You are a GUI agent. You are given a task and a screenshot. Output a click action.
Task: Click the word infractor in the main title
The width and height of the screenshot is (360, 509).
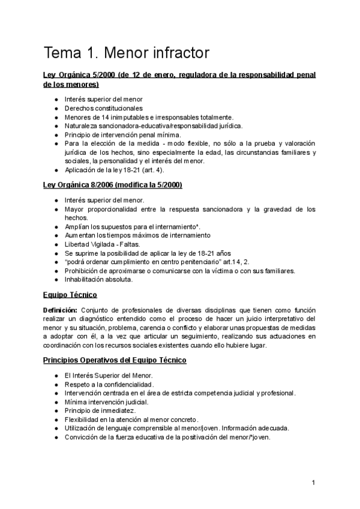click(x=179, y=53)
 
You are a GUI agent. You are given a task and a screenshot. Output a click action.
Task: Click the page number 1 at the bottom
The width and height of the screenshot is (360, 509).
click(x=313, y=483)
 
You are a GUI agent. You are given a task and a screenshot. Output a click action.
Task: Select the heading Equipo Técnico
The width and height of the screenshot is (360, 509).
click(x=70, y=295)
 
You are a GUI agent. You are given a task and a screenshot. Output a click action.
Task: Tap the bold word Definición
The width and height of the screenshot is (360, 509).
click(x=59, y=309)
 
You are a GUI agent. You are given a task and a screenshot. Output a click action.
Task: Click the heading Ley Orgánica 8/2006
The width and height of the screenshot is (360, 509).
click(x=113, y=184)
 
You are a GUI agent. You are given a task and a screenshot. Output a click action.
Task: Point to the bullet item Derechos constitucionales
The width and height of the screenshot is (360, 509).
click(x=100, y=108)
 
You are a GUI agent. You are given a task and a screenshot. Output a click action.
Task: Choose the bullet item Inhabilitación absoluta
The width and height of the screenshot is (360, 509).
click(x=99, y=279)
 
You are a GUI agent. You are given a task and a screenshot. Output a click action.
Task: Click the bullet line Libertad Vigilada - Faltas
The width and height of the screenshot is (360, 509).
click(x=102, y=244)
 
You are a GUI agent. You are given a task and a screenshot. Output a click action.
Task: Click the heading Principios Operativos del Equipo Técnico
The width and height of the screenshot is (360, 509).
click(x=115, y=360)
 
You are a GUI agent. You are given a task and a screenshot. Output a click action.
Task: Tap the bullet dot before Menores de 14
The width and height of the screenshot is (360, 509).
click(x=56, y=117)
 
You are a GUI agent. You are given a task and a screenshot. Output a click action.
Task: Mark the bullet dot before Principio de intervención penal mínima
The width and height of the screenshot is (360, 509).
click(x=56, y=135)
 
